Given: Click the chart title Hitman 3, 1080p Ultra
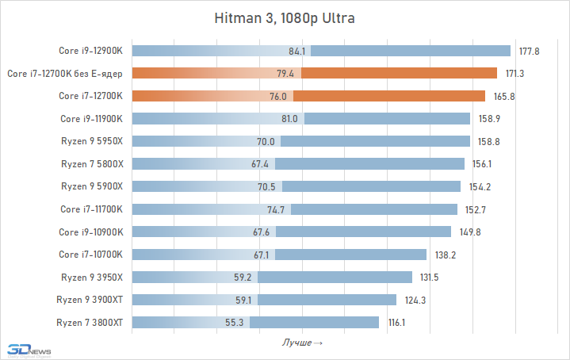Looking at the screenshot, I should pyautogui.click(x=285, y=17).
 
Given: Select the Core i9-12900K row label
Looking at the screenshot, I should pyautogui.click(x=91, y=51).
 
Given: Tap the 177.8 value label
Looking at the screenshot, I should pyautogui.click(x=530, y=51).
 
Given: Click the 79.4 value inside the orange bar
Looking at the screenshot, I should pyautogui.click(x=285, y=74).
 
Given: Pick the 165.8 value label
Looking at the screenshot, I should pyautogui.click(x=503, y=96).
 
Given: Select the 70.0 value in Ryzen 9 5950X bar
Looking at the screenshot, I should pyautogui.click(x=266, y=141).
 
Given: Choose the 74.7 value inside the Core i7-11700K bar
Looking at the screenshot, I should pyautogui.click(x=276, y=209).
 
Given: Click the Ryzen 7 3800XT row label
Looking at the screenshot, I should pyautogui.click(x=90, y=323).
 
